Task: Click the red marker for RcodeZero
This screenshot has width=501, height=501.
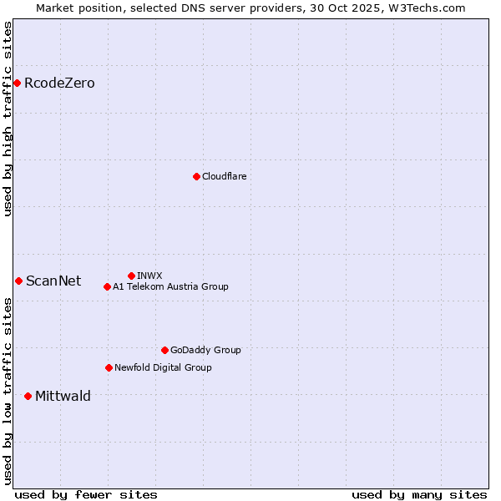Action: click(x=17, y=83)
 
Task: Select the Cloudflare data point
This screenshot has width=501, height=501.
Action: click(x=196, y=176)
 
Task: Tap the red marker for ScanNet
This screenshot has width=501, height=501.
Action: click(x=18, y=281)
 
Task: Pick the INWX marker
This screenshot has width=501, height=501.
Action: click(x=131, y=276)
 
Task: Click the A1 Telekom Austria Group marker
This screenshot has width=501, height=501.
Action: click(x=107, y=286)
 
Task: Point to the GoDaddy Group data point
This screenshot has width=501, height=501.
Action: click(x=164, y=350)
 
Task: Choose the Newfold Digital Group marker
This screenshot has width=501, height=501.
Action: click(x=109, y=367)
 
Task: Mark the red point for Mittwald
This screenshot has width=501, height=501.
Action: click(x=28, y=396)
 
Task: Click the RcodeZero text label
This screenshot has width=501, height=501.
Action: click(x=59, y=83)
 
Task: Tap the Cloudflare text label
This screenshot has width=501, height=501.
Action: click(x=224, y=176)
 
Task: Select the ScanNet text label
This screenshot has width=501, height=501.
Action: click(x=53, y=281)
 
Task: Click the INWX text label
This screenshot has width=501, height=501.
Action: click(x=149, y=276)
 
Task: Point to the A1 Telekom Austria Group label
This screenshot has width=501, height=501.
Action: click(x=170, y=286)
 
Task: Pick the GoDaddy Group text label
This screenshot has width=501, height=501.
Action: click(x=205, y=350)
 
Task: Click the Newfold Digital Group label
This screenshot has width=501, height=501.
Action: click(x=163, y=367)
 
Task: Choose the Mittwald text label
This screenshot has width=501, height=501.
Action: click(x=63, y=396)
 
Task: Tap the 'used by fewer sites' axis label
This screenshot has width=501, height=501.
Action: click(x=86, y=494)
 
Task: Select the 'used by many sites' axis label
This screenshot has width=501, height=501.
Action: click(x=419, y=494)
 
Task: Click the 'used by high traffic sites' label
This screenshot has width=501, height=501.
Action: click(x=8, y=119)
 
